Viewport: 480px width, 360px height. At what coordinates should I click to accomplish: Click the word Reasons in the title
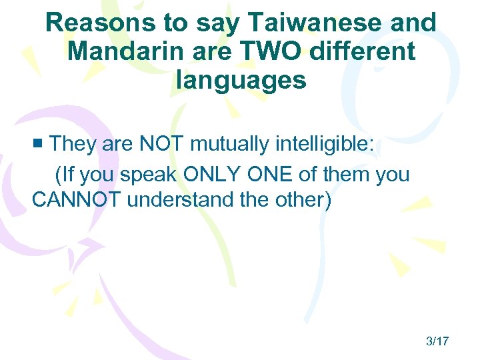click(91, 23)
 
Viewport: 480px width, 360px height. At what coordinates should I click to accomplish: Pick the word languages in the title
click(241, 80)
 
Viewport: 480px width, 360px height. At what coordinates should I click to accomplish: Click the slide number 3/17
click(437, 341)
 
